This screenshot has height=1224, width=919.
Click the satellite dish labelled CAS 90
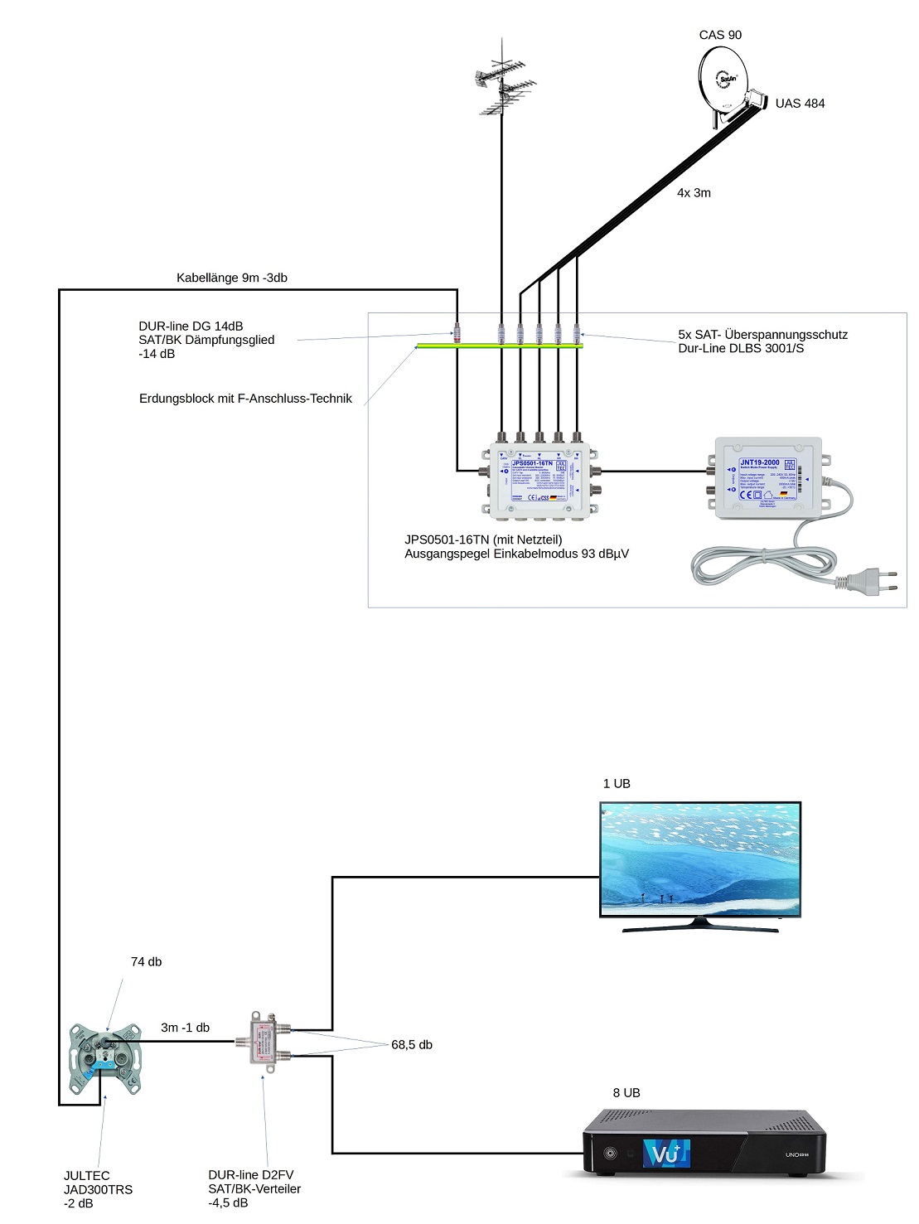click(723, 80)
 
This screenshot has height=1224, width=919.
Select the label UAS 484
click(800, 104)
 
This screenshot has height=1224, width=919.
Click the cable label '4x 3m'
click(694, 193)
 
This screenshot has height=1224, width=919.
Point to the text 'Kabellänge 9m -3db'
click(232, 278)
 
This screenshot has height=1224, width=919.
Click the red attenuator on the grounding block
click(457, 333)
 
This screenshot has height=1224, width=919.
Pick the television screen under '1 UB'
click(700, 859)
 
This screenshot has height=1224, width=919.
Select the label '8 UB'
click(626, 1093)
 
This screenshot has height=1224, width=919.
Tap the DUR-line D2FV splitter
click(265, 1041)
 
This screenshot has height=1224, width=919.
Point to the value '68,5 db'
click(412, 1045)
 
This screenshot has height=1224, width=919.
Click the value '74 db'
click(146, 962)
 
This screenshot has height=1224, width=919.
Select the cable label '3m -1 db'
click(185, 1028)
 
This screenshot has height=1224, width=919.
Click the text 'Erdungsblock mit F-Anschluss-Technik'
click(245, 399)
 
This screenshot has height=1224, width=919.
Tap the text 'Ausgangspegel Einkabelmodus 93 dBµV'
click(516, 554)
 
